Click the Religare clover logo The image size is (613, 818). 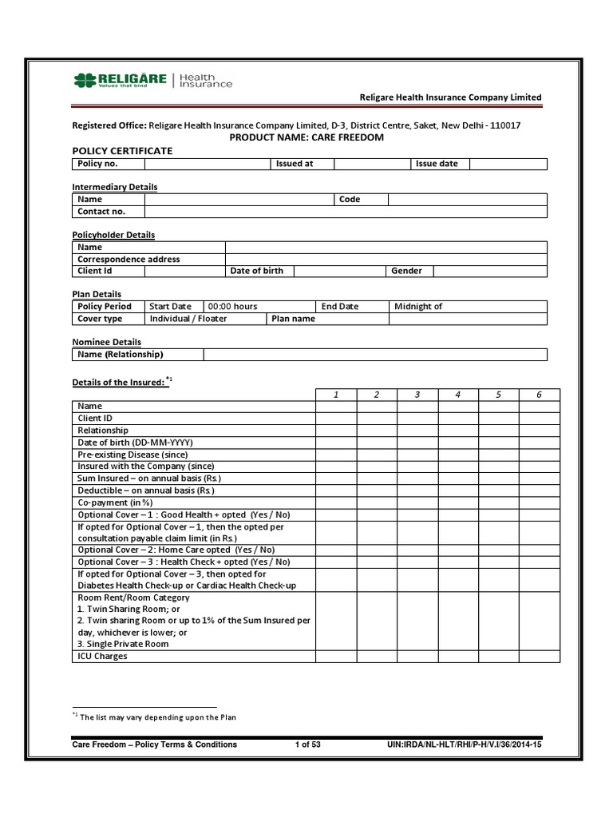84,80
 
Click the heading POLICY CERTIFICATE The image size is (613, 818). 122,151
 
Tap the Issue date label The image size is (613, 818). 437,164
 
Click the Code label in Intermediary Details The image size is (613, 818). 350,200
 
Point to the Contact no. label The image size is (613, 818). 101,212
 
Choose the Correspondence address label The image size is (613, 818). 129,260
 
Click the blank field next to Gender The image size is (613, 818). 490,272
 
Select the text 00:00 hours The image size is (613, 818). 233,307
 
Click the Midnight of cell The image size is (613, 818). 418,307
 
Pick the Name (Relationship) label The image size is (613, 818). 121,355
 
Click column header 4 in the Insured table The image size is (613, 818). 457,395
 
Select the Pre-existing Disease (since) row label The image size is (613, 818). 132,455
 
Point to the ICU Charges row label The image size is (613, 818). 102,656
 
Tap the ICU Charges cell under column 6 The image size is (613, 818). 539,656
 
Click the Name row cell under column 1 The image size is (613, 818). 335,407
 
